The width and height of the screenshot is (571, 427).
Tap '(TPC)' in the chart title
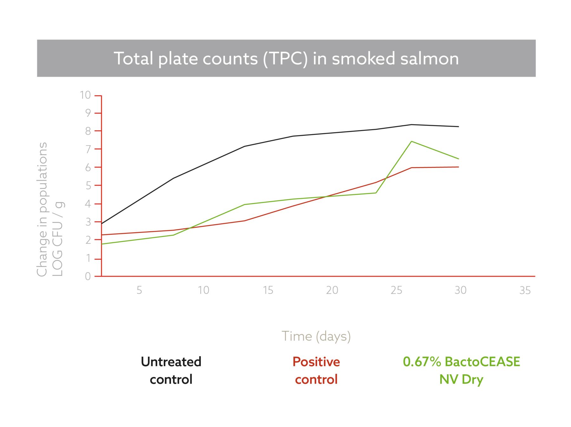click(285, 59)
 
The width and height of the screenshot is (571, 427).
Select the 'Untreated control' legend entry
click(171, 371)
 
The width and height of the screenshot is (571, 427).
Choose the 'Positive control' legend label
click(316, 371)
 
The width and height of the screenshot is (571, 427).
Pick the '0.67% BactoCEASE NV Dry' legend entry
click(461, 371)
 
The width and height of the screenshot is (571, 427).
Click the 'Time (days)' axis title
click(316, 336)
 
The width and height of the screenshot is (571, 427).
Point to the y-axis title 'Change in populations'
click(43, 209)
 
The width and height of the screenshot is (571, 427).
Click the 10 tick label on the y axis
click(85, 95)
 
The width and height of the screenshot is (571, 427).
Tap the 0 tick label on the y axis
click(88, 277)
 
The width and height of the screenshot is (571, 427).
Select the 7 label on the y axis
click(88, 149)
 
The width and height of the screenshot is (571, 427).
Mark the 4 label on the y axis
click(88, 204)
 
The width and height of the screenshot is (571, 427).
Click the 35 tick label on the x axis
click(525, 290)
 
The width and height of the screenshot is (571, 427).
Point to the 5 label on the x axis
click(139, 290)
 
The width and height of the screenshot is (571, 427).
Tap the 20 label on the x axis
click(332, 290)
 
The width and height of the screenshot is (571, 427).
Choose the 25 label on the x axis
click(397, 290)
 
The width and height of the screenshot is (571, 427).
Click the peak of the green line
click(411, 141)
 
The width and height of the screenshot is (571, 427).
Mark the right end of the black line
click(459, 127)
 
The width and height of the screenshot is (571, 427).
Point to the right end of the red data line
click(459, 167)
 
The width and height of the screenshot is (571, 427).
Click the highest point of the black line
click(411, 125)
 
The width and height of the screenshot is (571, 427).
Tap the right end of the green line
click(459, 159)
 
